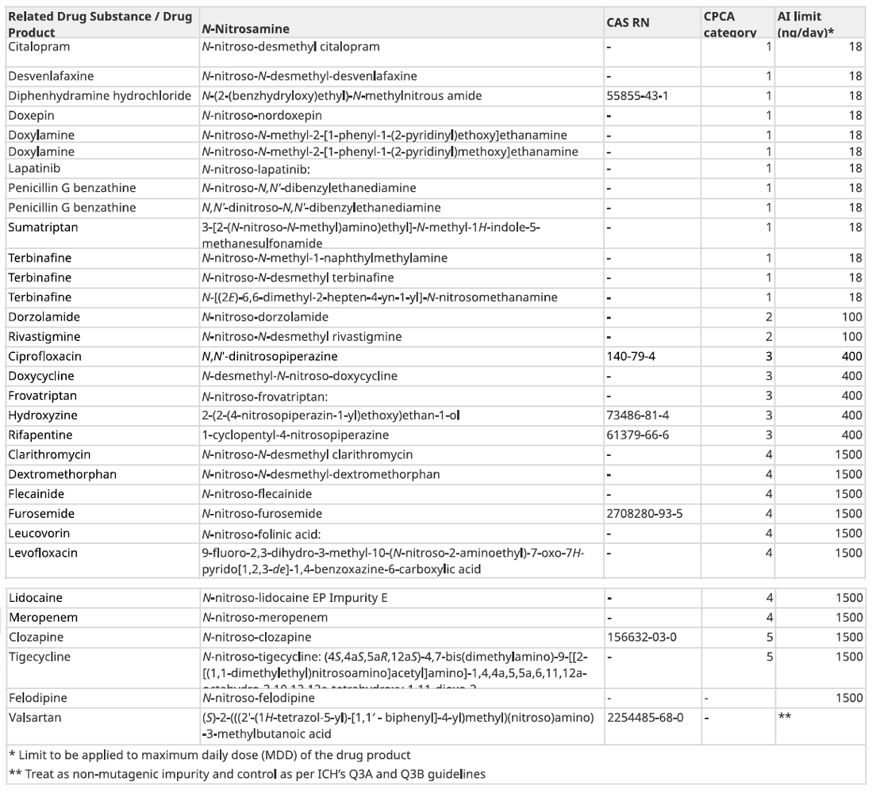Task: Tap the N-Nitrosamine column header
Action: click(245, 29)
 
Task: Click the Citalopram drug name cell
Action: click(39, 47)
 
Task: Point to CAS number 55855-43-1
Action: click(637, 96)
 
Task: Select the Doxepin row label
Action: click(30, 116)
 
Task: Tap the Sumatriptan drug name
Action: click(40, 228)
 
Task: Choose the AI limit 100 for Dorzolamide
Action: click(853, 317)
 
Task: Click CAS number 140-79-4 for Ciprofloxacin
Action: click(631, 357)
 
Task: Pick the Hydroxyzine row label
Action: click(42, 416)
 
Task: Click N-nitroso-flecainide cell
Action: click(256, 494)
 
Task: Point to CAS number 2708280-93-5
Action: click(644, 514)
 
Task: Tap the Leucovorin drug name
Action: click(38, 534)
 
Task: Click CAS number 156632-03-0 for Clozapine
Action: click(641, 637)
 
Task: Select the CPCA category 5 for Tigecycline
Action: click(768, 657)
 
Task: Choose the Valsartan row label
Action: click(35, 716)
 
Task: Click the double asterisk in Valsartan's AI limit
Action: click(785, 716)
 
